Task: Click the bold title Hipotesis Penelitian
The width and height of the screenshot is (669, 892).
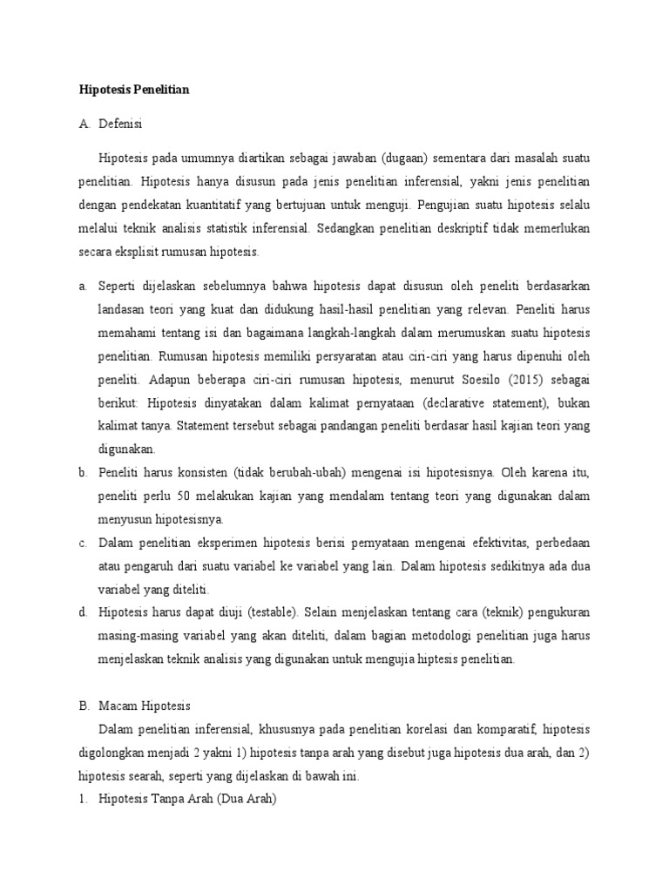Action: click(134, 89)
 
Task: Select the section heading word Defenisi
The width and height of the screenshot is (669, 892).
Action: click(123, 125)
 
